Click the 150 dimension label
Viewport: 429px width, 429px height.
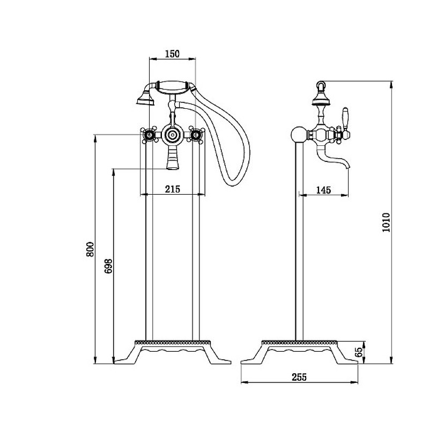coord(172,54)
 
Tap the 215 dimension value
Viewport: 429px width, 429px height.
coord(173,189)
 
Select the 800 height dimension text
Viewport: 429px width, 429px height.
coord(90,249)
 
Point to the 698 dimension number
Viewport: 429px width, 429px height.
coord(108,266)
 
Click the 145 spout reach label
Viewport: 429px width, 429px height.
coord(324,190)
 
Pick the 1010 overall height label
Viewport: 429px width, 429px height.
coord(386,223)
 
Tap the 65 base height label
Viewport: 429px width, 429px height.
coord(359,352)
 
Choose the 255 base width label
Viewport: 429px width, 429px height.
coord(299,377)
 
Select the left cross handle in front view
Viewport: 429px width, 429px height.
coord(150,135)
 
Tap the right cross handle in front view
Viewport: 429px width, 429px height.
coord(196,135)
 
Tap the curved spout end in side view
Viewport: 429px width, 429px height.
coord(347,165)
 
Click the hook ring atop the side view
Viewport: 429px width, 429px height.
coord(320,85)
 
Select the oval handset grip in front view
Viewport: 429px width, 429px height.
coord(172,87)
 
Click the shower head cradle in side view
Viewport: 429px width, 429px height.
coord(321,99)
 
